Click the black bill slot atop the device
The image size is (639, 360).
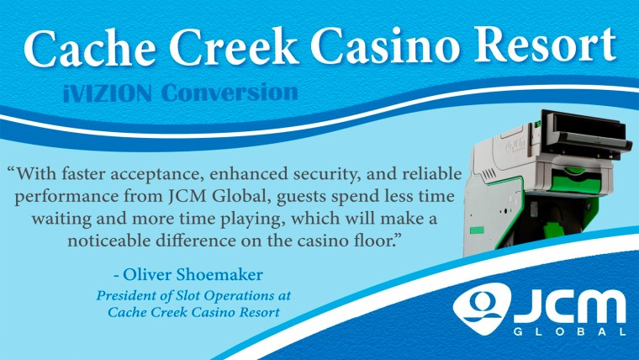[589, 126]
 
